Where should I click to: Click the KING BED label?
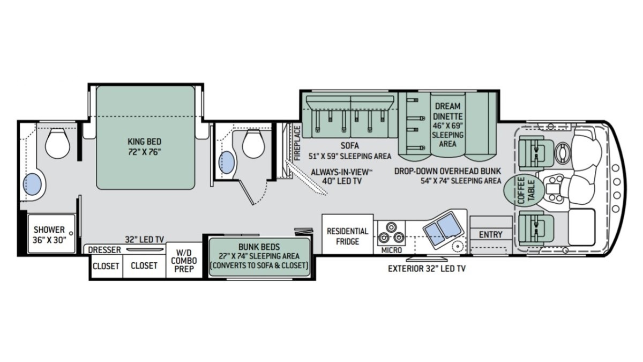(x=144, y=142)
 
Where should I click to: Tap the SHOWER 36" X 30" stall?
(x=51, y=233)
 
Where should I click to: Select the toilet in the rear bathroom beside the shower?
(x=57, y=143)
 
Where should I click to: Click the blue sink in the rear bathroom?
(x=32, y=184)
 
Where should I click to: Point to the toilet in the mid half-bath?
(x=253, y=143)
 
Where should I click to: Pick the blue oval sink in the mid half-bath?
(x=227, y=162)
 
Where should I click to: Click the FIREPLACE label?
(x=297, y=143)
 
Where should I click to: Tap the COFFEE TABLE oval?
(x=524, y=190)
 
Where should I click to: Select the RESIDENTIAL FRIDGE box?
(x=347, y=234)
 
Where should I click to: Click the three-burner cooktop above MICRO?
(x=391, y=233)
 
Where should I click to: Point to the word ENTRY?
(x=491, y=235)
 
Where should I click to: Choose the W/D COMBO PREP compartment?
(x=184, y=260)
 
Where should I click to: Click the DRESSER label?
(x=104, y=250)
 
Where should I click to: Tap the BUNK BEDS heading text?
(x=259, y=247)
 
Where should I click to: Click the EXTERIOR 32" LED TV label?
(x=427, y=269)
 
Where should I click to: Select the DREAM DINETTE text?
(x=447, y=111)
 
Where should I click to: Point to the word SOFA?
(x=349, y=146)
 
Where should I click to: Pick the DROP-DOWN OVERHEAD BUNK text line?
(x=447, y=171)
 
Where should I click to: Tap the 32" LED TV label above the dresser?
(x=144, y=239)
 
